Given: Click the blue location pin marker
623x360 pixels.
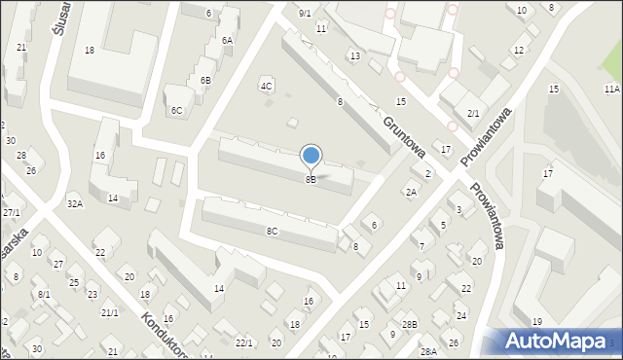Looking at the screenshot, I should click(x=311, y=156).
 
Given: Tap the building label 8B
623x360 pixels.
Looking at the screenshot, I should click(x=311, y=179).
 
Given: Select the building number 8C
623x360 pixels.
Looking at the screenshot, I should click(x=273, y=231).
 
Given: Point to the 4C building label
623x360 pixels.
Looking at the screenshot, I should click(x=266, y=86).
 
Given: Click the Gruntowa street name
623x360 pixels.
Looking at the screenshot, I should click(x=404, y=134).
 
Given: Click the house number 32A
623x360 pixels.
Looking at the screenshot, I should click(x=75, y=204).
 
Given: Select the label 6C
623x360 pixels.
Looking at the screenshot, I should click(x=176, y=111).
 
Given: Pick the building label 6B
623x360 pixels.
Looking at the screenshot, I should click(x=205, y=80).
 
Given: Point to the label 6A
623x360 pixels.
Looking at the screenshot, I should click(x=227, y=40).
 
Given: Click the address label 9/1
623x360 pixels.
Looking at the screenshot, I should click(x=305, y=13).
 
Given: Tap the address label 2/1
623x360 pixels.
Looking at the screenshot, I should click(x=473, y=114).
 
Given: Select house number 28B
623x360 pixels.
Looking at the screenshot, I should click(x=410, y=324).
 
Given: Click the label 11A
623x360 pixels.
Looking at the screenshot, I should click(x=611, y=89).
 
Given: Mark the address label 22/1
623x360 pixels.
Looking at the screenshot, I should click(x=244, y=342).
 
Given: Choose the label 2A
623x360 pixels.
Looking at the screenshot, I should click(x=411, y=193).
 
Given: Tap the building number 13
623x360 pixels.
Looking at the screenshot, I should click(x=355, y=56).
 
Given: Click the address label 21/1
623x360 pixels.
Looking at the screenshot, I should click(x=110, y=312).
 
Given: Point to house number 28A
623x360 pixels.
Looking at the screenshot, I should click(x=428, y=351).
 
